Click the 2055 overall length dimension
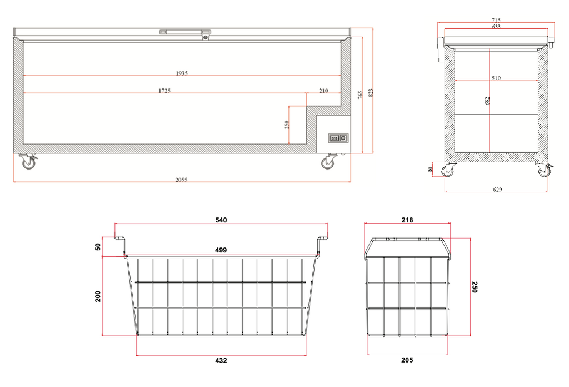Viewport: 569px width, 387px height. tap(182, 180)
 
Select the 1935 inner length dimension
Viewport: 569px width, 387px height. tap(182, 73)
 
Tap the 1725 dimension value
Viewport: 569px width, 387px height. tap(164, 91)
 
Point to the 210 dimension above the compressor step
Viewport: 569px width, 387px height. tap(324, 91)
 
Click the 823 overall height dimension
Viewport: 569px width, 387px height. tap(371, 92)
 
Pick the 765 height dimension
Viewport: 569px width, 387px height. tap(360, 95)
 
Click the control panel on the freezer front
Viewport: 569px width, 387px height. tap(338, 138)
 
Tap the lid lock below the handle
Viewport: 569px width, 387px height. tap(206, 37)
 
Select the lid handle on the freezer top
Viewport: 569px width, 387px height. tap(184, 32)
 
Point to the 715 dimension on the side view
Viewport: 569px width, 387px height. tap(496, 21)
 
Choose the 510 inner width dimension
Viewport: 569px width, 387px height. tap(496, 78)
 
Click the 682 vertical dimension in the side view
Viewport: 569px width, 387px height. tap(487, 101)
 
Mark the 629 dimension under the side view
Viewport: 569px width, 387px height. tap(497, 190)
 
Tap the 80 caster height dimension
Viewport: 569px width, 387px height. tap(431, 170)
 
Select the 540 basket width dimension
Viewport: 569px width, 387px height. tap(221, 220)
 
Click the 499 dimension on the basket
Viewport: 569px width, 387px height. tap(221, 250)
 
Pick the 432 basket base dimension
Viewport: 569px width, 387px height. tap(221, 360)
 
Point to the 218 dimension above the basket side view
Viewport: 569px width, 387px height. tap(407, 220)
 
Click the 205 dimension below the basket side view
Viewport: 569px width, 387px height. tap(407, 360)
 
